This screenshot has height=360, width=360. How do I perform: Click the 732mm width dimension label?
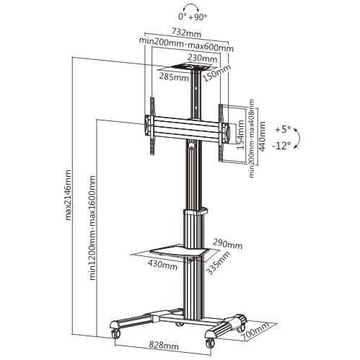click(187, 32)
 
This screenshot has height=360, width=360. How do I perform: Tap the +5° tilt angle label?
click(284, 130)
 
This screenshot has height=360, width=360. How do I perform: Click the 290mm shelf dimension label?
click(228, 245)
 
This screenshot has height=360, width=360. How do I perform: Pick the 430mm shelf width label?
click(164, 265)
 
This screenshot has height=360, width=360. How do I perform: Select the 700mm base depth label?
click(256, 333)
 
